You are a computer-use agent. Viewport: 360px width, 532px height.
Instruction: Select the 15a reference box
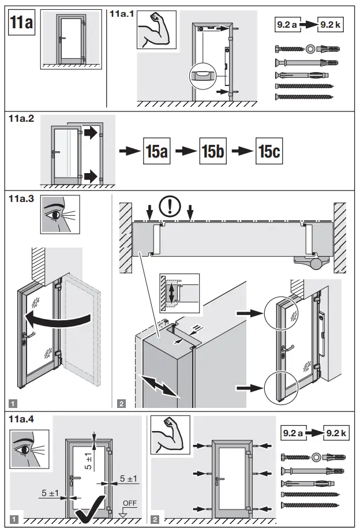click(156, 152)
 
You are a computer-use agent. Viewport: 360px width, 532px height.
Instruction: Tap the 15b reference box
click(213, 152)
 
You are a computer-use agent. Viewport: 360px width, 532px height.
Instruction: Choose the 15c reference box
click(269, 152)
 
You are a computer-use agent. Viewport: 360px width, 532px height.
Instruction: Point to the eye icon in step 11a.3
click(59, 215)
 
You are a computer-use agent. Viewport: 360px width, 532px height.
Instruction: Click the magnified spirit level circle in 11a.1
click(204, 76)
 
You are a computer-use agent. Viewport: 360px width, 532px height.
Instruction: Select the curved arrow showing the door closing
click(58, 317)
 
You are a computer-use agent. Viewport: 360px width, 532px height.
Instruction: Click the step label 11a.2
click(21, 119)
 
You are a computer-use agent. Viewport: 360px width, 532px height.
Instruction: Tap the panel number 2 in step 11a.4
click(155, 519)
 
